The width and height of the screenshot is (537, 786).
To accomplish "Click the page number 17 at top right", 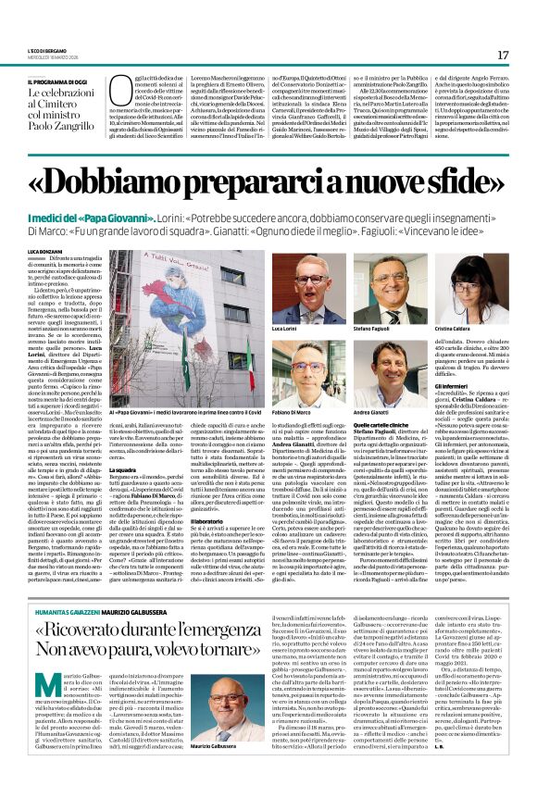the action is click(503, 56).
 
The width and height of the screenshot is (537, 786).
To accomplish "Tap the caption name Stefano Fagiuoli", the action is click(370, 329).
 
